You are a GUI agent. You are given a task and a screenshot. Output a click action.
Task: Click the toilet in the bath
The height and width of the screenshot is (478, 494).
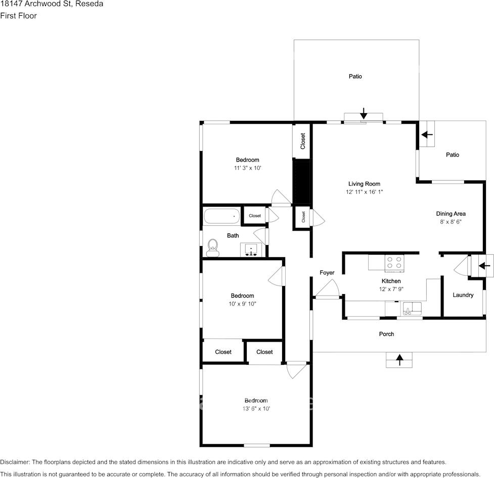[x=213, y=247]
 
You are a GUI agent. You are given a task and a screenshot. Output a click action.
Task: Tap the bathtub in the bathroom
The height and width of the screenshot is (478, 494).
[x=221, y=216]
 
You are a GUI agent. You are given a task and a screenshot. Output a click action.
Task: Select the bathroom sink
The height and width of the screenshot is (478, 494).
[x=251, y=250]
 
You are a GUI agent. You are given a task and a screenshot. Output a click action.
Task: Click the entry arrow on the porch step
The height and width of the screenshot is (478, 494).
[x=399, y=359]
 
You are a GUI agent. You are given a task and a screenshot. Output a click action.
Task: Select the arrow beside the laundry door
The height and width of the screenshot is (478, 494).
[x=484, y=265]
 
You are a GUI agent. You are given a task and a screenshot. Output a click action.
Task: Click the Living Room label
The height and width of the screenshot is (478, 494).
[x=364, y=184]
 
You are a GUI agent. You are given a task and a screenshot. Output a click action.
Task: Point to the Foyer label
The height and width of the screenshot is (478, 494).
[x=327, y=273]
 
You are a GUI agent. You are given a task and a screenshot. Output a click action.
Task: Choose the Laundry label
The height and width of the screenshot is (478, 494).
[x=463, y=295]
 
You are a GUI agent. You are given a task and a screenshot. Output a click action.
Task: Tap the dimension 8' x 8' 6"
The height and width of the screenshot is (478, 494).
[x=451, y=221]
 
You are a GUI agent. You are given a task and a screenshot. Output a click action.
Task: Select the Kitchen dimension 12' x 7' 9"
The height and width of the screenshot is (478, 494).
[x=391, y=289]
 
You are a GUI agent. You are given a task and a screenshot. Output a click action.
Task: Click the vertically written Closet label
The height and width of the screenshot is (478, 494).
[x=303, y=141]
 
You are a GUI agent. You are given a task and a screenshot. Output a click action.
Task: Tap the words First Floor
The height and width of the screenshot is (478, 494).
[x=18, y=16]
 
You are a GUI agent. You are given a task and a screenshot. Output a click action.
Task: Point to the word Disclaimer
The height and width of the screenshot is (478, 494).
[x=15, y=462]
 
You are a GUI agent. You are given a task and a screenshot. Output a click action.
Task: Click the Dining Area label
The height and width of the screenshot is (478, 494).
[x=451, y=214]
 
